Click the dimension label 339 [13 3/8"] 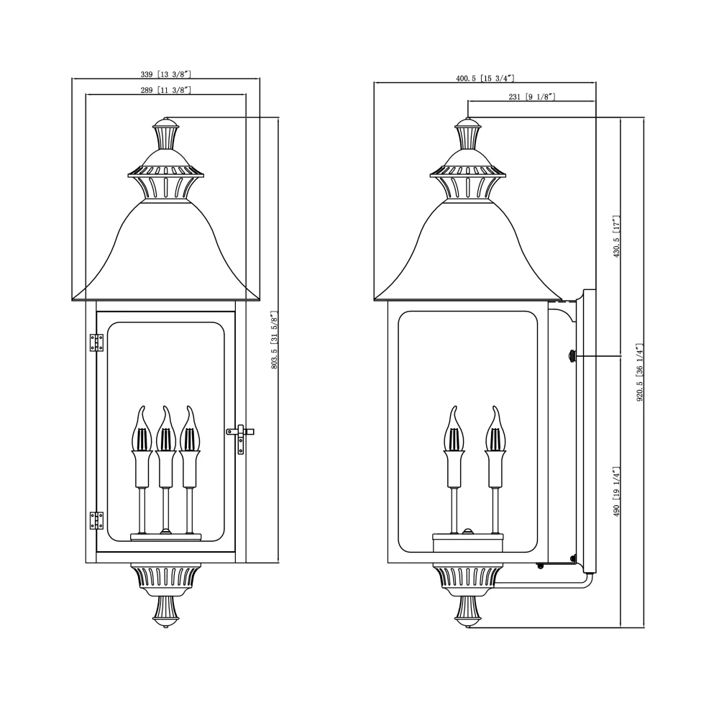coord(166,74)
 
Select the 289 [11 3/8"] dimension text coord(166,90)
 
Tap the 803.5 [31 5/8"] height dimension coord(274,340)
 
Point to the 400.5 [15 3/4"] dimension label coord(485,78)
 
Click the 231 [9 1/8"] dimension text coord(531,96)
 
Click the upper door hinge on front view coord(96,343)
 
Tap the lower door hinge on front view coord(96,520)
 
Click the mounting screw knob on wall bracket coord(572,355)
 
